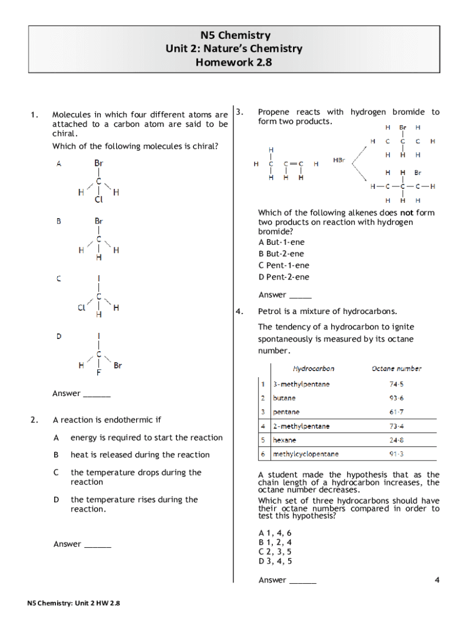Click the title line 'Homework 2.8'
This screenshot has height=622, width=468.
coord(233,61)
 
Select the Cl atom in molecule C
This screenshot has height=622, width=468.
coord(81,308)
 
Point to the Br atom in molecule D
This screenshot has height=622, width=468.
coord(118,366)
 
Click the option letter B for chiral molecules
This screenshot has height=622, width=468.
coord(58,222)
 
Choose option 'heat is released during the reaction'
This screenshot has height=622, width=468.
coord(140,455)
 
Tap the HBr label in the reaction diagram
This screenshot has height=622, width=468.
coord(339,160)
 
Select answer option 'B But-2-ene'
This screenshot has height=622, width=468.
coord(281,254)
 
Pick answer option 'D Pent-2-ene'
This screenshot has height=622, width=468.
coord(283,277)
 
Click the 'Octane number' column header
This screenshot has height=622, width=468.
coord(396,369)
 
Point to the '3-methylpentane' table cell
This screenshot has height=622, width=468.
coord(301,384)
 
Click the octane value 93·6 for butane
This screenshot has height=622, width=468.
coord(396,398)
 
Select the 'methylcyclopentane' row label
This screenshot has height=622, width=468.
coord(306,454)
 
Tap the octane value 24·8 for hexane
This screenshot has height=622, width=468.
coord(396,440)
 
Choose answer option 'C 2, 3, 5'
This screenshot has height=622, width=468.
coord(275,552)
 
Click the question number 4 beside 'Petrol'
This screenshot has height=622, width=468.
coord(239,312)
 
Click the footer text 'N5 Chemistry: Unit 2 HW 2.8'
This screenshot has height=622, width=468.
coord(74,603)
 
